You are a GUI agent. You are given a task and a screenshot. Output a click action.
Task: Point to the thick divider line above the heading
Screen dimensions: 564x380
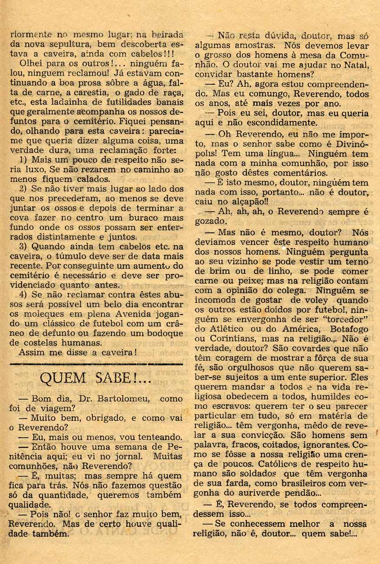[95, 364]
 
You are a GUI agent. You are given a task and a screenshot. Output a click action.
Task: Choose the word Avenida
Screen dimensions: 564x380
[141, 314]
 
